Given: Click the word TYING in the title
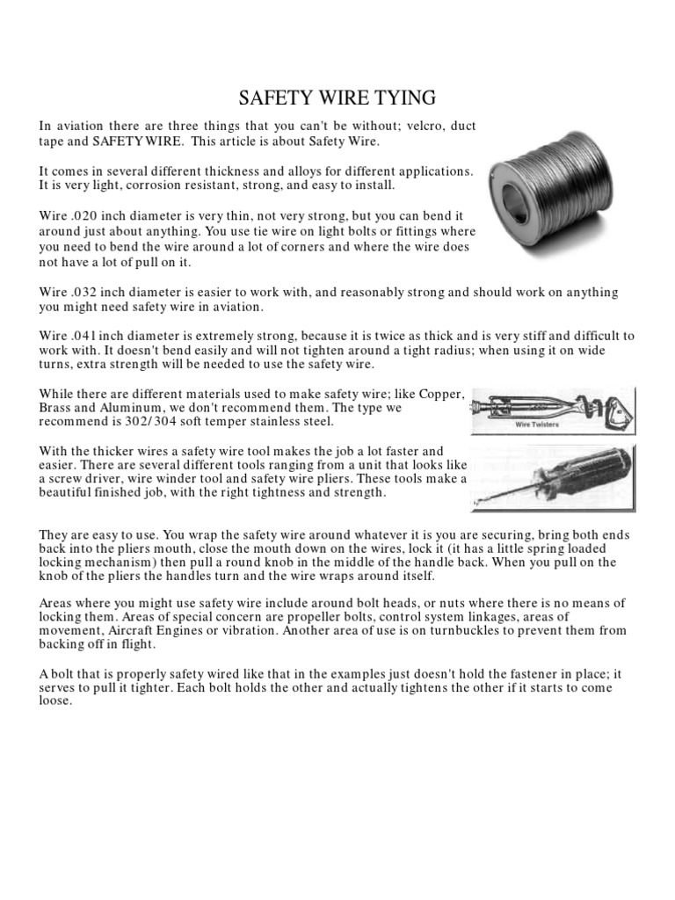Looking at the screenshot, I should (x=404, y=96).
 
